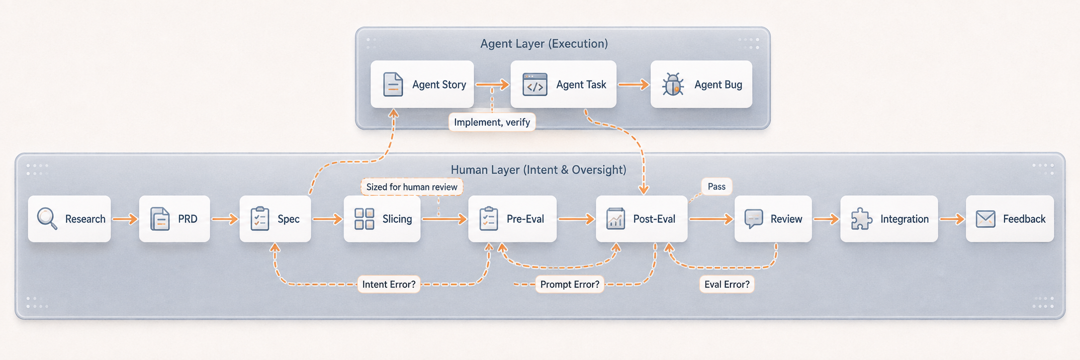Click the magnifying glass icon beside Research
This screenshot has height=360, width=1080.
(47, 218)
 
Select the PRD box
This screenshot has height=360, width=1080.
(175, 219)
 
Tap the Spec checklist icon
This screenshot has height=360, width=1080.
(260, 219)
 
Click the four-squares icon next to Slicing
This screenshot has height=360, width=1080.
(364, 219)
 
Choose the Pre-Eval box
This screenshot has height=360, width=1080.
(512, 219)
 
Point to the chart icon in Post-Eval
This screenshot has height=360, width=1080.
(616, 219)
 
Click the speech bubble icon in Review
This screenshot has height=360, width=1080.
(754, 219)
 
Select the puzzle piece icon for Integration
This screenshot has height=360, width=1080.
(862, 219)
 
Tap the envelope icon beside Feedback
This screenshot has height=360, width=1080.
(986, 219)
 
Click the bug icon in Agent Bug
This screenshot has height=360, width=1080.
(673, 85)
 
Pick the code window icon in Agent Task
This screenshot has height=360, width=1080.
(535, 85)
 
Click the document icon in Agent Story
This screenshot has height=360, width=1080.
(393, 85)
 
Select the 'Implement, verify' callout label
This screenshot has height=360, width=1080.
(492, 122)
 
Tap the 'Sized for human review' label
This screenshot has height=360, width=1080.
(412, 187)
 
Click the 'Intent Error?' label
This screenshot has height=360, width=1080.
(389, 284)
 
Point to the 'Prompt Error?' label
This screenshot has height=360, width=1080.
(570, 284)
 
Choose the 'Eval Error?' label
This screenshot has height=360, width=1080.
(727, 284)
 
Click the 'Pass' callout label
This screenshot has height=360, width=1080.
(717, 186)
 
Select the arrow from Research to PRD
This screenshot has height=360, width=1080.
(125, 219)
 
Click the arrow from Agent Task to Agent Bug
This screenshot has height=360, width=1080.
(633, 85)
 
